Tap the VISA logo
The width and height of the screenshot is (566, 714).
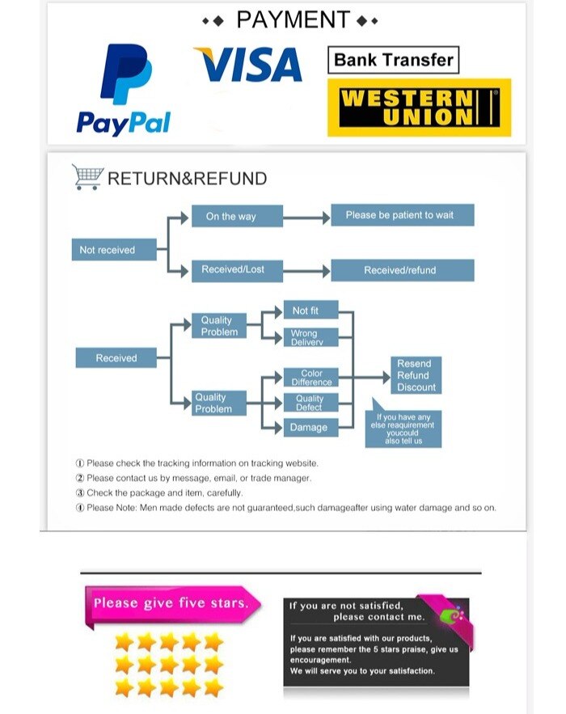coord(248,65)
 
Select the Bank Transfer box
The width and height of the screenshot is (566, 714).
coord(393,60)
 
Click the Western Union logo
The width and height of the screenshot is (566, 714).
coord(419,107)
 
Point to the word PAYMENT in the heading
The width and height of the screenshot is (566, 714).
coord(294,19)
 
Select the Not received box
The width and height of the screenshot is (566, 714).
coord(108,250)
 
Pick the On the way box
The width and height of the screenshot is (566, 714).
coord(236,217)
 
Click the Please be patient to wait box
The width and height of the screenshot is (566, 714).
coord(402,215)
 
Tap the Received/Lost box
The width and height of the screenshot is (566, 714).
coord(236,270)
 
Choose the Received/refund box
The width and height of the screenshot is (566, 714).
coord(402,270)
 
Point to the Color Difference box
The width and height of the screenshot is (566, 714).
coord(311,378)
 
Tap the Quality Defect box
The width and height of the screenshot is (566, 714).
coord(311,403)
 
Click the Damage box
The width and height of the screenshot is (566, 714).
coord(311,427)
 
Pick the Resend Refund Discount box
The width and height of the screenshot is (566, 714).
coord(416,375)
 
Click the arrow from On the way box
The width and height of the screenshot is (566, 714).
coord(306,217)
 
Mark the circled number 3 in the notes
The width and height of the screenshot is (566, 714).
coord(80,492)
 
